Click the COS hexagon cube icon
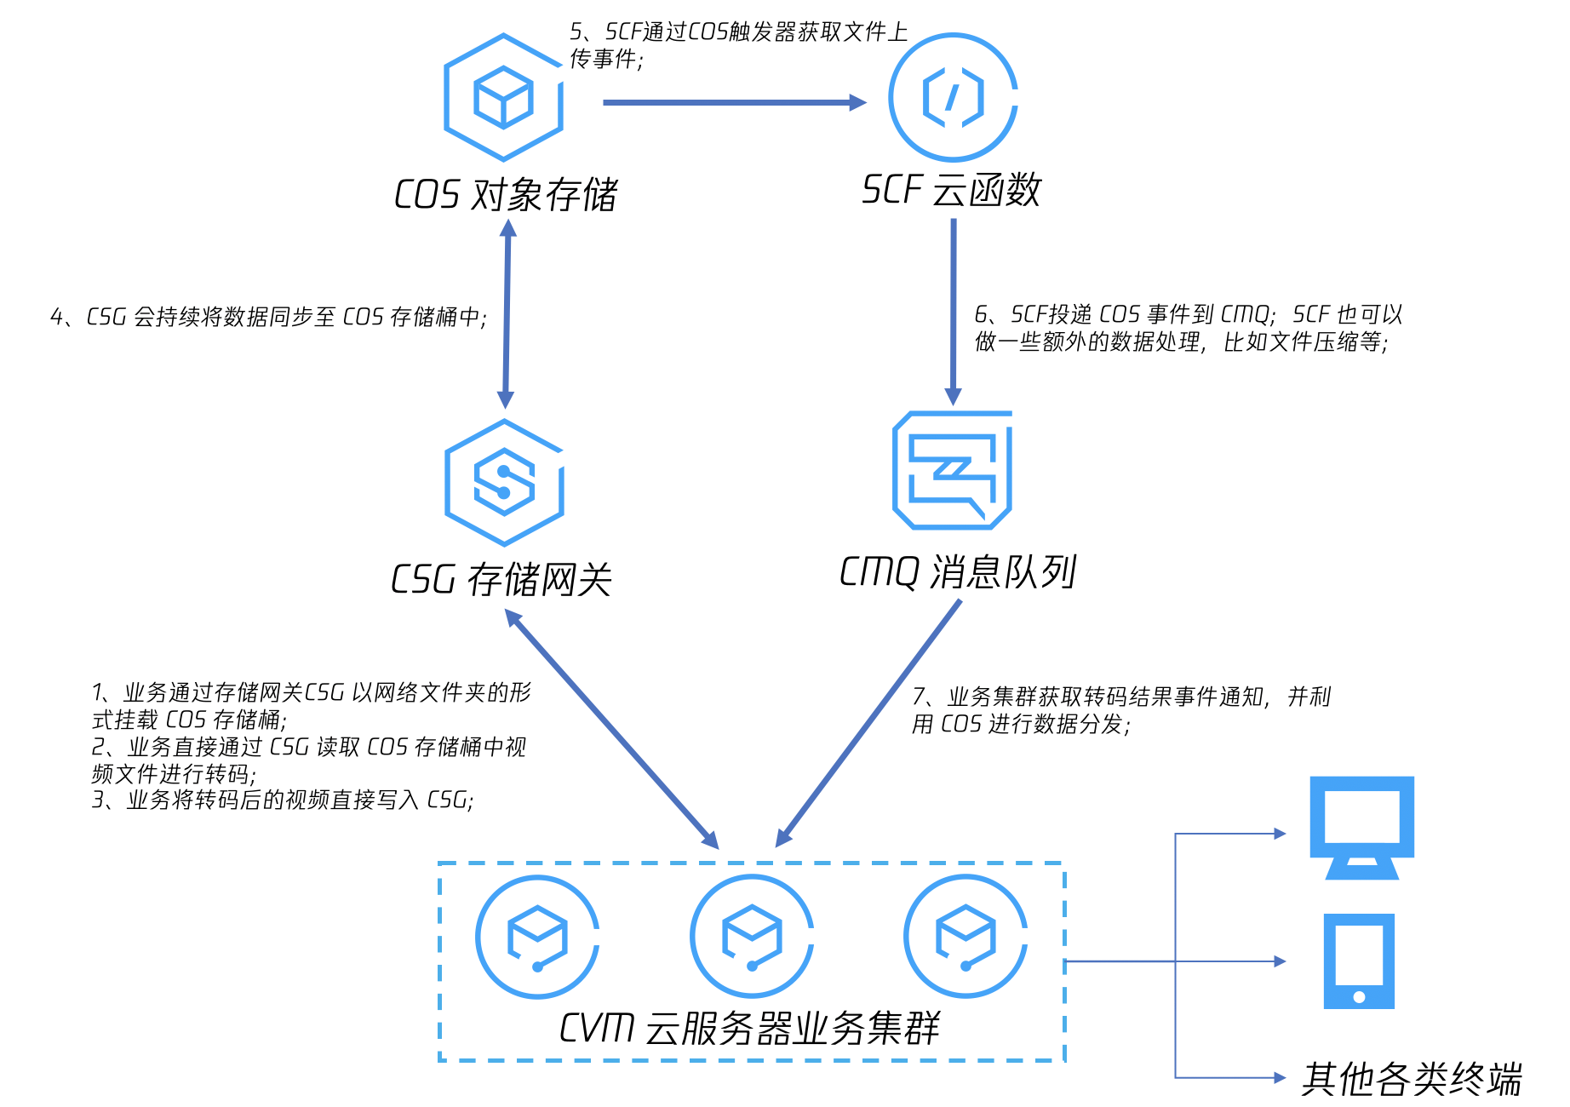pyautogui.click(x=503, y=98)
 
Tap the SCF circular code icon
pyautogui.click(x=953, y=97)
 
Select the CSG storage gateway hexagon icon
pyautogui.click(x=504, y=482)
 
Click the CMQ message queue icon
pyautogui.click(x=952, y=470)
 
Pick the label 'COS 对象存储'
pyautogui.click(x=505, y=195)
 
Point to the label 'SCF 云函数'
pyautogui.click(x=951, y=190)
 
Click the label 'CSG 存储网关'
pyautogui.click(x=501, y=580)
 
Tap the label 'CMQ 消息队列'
pyautogui.click(x=957, y=572)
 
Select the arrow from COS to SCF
pyautogui.click(x=732, y=103)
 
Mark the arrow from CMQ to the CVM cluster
pyautogui.click(x=868, y=724)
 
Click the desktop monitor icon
pyautogui.click(x=1361, y=826)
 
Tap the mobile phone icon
pyautogui.click(x=1359, y=961)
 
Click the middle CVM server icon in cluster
pyautogui.click(x=752, y=937)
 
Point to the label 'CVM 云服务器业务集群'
pyautogui.click(x=749, y=1028)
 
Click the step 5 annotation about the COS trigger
pyautogui.click(x=737, y=45)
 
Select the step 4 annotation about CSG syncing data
pyautogui.click(x=268, y=318)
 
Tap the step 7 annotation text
pyautogui.click(x=1120, y=710)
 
